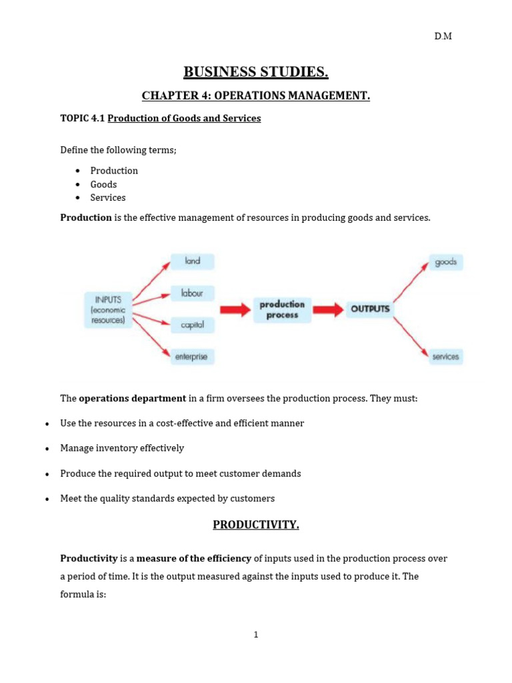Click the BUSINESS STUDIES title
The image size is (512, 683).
pyautogui.click(x=256, y=72)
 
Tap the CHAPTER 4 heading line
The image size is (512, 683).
pyautogui.click(x=256, y=96)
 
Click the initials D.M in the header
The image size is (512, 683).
pyautogui.click(x=443, y=36)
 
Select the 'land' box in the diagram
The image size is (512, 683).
pyautogui.click(x=193, y=261)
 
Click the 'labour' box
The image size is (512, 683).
pyautogui.click(x=193, y=293)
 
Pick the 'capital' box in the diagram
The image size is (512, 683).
pyautogui.click(x=193, y=325)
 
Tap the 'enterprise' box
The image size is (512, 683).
pyautogui.click(x=191, y=357)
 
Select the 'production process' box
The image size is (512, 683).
pyautogui.click(x=282, y=309)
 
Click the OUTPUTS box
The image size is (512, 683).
pyautogui.click(x=370, y=309)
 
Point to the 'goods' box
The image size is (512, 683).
pyautogui.click(x=445, y=262)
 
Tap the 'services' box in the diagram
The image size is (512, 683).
pyautogui.click(x=445, y=357)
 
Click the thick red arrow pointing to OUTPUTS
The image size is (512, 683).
pyautogui.click(x=328, y=309)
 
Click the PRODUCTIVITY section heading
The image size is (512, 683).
pyautogui.click(x=256, y=525)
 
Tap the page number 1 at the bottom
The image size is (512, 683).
pyautogui.click(x=255, y=634)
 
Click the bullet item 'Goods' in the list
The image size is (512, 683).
pyautogui.click(x=103, y=184)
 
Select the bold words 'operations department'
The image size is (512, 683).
pyautogui.click(x=132, y=398)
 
